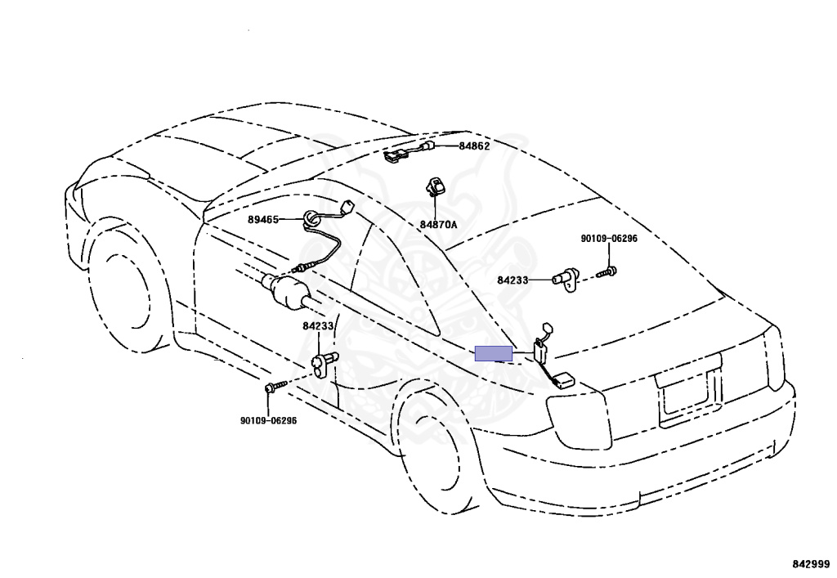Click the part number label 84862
click(474, 146)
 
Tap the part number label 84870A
click(438, 223)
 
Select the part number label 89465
click(264, 219)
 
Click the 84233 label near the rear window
click(513, 280)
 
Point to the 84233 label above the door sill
click(319, 325)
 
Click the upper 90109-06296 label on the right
click(608, 238)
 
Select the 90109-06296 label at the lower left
click(268, 421)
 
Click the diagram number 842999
click(810, 564)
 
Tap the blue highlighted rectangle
click(494, 353)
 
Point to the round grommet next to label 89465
click(312, 218)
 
